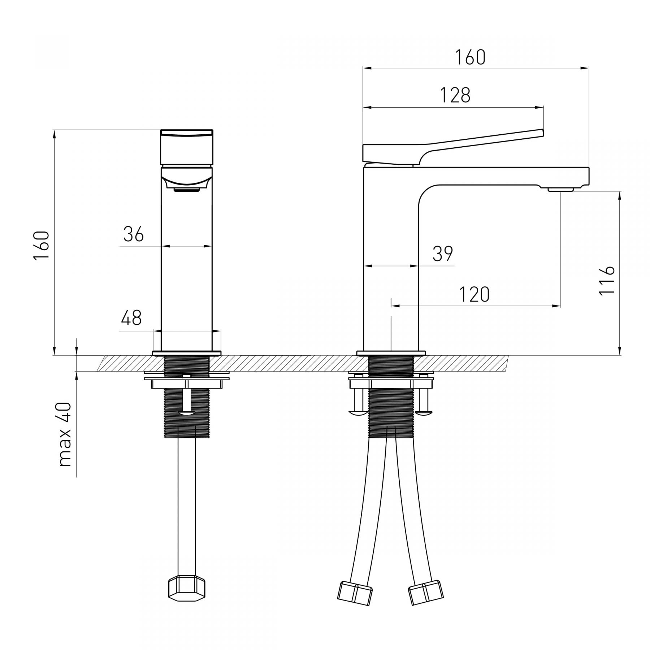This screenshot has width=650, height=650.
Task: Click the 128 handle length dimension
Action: (455, 96)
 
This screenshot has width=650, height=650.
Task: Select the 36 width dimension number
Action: (134, 234)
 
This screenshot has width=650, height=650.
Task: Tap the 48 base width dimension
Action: (131, 318)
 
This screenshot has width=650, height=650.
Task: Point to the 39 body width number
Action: (443, 254)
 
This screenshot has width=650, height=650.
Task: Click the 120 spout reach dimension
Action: (474, 294)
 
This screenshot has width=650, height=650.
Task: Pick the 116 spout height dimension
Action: (607, 281)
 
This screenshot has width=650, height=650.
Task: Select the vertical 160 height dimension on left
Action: (42, 245)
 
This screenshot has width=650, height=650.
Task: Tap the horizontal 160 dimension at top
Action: (470, 58)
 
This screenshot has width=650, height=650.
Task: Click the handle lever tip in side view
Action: (541, 133)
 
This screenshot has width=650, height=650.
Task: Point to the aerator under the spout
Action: (561, 189)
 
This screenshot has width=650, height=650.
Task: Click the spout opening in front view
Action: (187, 189)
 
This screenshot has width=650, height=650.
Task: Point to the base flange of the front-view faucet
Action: (187, 353)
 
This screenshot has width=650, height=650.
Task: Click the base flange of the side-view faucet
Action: (391, 353)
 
